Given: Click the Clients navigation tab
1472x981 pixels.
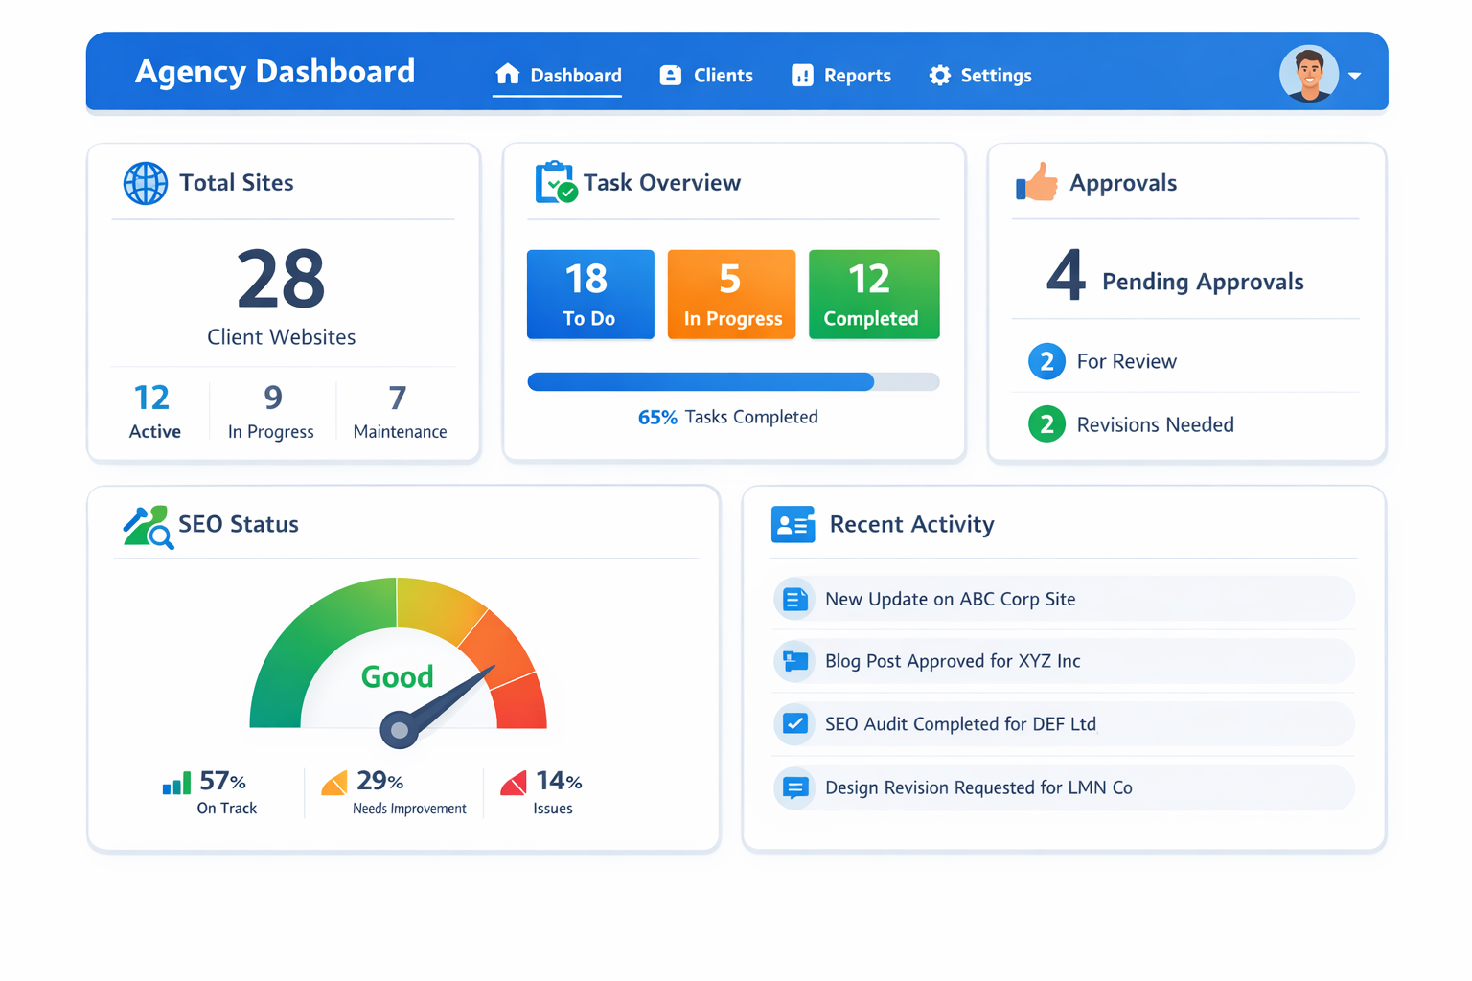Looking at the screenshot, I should tap(707, 76).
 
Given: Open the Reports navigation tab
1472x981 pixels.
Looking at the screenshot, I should tap(841, 76).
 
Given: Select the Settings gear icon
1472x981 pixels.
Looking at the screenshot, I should tap(939, 76).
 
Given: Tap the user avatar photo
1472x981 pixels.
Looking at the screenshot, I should tap(1308, 73).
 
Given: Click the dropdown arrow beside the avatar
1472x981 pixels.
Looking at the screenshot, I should tap(1355, 76).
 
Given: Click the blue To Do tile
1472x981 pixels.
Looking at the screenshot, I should tap(590, 294).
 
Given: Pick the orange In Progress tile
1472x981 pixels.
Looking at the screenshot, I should tap(731, 294).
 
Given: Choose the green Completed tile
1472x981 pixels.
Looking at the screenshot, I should tap(873, 294).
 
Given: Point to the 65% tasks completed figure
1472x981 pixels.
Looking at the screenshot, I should tap(657, 418).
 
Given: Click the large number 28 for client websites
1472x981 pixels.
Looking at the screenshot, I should tap(281, 280).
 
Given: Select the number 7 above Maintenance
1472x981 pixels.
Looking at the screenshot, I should tap(398, 398).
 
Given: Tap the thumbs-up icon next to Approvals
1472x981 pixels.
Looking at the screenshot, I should tap(1037, 182).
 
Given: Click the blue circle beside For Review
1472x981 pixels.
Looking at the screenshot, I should tap(1046, 361).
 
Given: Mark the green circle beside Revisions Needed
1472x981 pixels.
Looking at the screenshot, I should tap(1046, 424).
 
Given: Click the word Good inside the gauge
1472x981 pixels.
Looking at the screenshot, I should tap(397, 677).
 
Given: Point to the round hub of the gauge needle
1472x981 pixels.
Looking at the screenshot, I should tap(400, 731).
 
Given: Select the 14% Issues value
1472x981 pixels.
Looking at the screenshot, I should tap(559, 782).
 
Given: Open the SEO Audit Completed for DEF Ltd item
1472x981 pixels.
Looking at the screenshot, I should tap(960, 724).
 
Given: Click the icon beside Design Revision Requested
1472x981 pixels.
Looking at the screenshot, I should tap(794, 787).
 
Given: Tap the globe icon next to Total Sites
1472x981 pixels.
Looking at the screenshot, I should tap(146, 183).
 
